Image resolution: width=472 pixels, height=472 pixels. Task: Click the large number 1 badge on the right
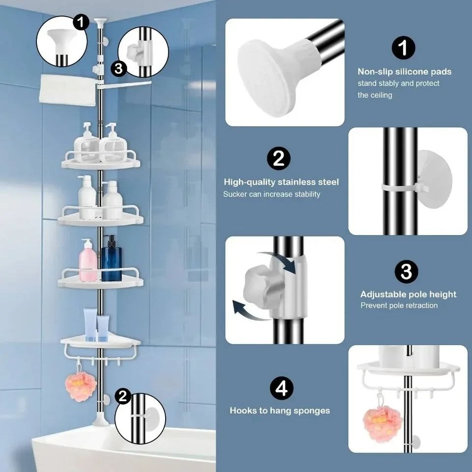pyautogui.click(x=403, y=48)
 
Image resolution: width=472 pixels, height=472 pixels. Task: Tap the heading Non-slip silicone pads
pyautogui.click(x=404, y=72)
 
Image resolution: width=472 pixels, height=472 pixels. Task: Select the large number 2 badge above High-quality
pyautogui.click(x=278, y=159)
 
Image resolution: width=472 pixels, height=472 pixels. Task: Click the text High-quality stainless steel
pyautogui.click(x=281, y=182)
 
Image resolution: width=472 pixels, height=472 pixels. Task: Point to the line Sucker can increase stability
pyautogui.click(x=271, y=194)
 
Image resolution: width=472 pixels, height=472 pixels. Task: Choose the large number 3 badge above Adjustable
pyautogui.click(x=406, y=271)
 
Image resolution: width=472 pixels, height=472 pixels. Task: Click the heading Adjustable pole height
pyautogui.click(x=408, y=295)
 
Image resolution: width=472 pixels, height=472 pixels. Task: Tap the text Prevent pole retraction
pyautogui.click(x=399, y=305)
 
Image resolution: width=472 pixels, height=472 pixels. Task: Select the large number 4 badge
pyautogui.click(x=281, y=388)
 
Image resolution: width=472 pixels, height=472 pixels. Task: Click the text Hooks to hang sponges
pyautogui.click(x=280, y=410)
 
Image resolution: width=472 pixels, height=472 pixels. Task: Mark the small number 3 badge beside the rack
pyautogui.click(x=118, y=69)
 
